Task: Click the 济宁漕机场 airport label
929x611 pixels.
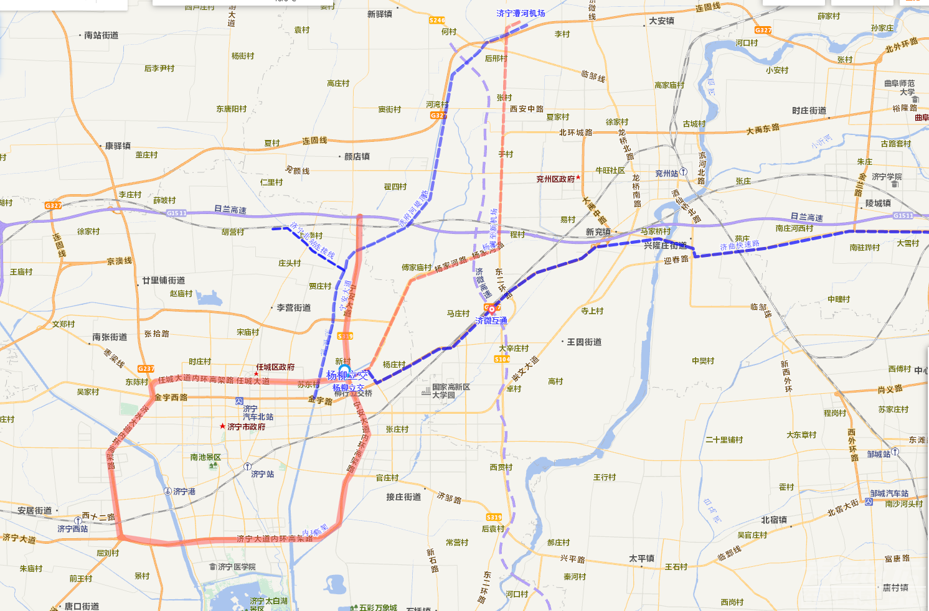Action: pos(521,13)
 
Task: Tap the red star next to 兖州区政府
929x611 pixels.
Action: pos(578,177)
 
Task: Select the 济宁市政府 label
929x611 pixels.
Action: pos(246,427)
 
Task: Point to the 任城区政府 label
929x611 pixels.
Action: pos(275,367)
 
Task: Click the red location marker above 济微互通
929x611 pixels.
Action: pos(491,309)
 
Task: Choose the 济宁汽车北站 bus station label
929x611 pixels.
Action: pos(257,413)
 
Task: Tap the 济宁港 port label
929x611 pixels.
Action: pos(184,492)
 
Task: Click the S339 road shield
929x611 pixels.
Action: pos(345,336)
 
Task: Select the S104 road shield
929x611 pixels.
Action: pos(502,359)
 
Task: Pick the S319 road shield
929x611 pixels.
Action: pos(494,517)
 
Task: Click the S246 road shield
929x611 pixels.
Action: pos(437,21)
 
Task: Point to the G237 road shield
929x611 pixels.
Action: pos(146,368)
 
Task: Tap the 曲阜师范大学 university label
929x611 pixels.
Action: pos(900,87)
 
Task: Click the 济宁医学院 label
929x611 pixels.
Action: pos(237,567)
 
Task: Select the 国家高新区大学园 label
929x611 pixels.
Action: pos(451,391)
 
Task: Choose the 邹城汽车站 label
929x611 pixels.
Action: pos(889,493)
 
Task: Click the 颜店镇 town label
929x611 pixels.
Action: pos(357,157)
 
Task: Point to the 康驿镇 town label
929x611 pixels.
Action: pos(117,146)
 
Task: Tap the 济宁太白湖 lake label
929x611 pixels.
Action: pos(268,602)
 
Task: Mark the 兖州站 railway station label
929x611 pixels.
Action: pos(666,174)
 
